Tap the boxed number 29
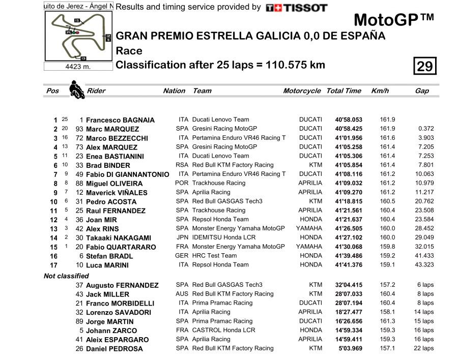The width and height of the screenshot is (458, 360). tap(425, 66)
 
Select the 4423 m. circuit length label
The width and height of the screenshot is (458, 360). tap(78, 67)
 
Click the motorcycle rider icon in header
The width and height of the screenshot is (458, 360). tap(77, 89)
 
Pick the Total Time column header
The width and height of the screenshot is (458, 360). tap(343, 91)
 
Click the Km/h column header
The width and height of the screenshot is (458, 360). tap(380, 91)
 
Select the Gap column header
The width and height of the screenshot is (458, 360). tap(422, 91)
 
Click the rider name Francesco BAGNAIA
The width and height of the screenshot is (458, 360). tap(120, 121)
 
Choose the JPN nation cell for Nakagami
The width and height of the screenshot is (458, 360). tap(182, 237)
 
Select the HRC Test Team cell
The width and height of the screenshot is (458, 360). tap(214, 256)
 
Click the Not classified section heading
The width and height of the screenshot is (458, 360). tap(66, 276)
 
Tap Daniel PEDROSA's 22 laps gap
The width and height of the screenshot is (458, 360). tap(423, 349)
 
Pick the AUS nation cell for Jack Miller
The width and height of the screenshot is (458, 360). tap(182, 294)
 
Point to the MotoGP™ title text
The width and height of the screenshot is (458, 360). tap(393, 20)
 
